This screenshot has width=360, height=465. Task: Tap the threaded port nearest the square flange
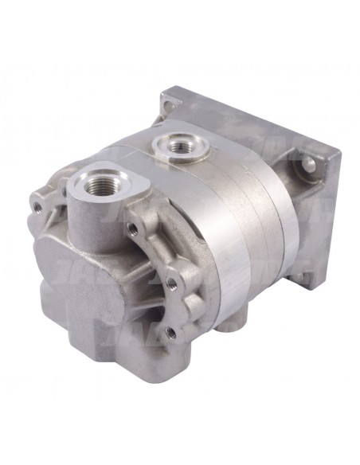pos(172,146)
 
